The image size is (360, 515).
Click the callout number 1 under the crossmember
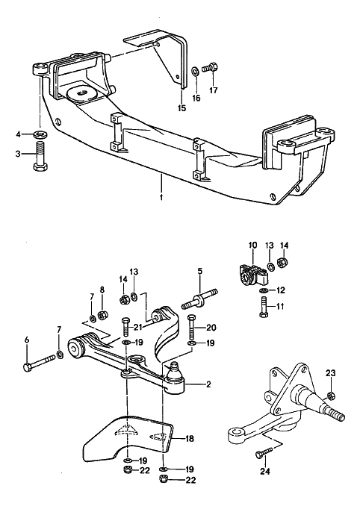pyautogui.click(x=161, y=198)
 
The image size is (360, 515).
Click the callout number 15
pyautogui.click(x=181, y=107)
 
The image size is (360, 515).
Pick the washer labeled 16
pyautogui.click(x=195, y=71)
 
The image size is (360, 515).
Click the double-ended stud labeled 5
pyautogui.click(x=199, y=299)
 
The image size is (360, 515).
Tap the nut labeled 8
pyautogui.click(x=102, y=315)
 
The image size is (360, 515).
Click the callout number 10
pyautogui.click(x=252, y=245)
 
